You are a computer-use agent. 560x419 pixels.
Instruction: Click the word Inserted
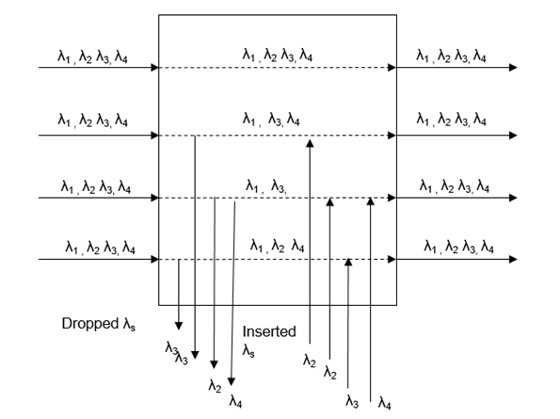click(269, 332)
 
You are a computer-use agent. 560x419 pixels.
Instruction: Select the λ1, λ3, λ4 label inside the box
click(273, 120)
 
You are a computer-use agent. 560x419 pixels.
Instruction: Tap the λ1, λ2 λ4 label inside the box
click(277, 246)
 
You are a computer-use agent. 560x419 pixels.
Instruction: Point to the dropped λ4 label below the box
click(235, 402)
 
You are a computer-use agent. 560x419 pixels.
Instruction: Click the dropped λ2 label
click(216, 386)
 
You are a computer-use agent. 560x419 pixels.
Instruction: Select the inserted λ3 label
click(351, 402)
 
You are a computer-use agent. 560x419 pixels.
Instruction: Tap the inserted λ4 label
click(385, 404)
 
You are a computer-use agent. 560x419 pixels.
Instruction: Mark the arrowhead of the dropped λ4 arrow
click(233, 381)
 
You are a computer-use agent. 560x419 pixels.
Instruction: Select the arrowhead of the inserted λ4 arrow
click(371, 201)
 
